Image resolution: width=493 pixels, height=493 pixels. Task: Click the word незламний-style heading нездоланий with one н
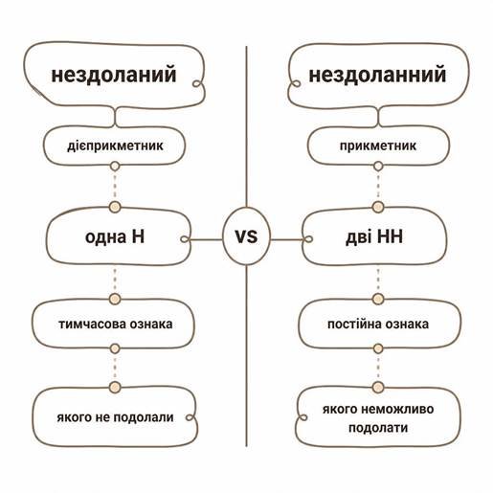click(x=114, y=75)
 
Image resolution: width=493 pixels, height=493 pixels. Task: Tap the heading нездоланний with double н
click(x=377, y=75)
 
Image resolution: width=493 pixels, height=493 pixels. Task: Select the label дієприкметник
click(x=115, y=146)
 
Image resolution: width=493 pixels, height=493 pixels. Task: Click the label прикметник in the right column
click(x=378, y=146)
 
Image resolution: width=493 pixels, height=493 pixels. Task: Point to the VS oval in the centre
click(x=246, y=236)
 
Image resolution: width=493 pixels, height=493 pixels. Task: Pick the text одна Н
click(x=115, y=236)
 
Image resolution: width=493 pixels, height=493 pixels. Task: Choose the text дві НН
click(x=374, y=236)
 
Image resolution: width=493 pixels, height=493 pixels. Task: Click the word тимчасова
click(x=88, y=325)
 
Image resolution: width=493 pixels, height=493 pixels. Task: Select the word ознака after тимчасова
click(x=147, y=325)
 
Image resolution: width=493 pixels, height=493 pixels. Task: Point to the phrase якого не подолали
click(x=115, y=417)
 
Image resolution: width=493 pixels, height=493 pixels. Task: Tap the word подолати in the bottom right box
click(x=378, y=428)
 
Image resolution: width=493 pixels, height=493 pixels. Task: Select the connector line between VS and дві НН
click(x=286, y=239)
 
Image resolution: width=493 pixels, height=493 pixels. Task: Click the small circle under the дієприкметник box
click(x=115, y=167)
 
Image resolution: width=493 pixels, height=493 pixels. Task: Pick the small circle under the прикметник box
click(x=378, y=167)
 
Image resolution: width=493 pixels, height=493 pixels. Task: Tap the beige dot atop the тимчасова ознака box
click(x=115, y=299)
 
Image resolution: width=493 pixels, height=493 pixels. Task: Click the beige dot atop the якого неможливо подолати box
click(x=378, y=388)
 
